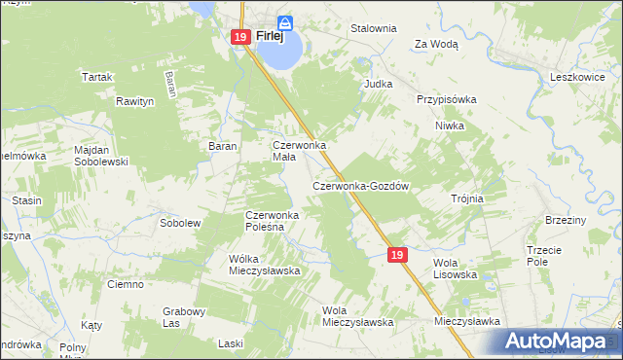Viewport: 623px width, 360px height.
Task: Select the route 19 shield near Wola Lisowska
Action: tap(396, 254)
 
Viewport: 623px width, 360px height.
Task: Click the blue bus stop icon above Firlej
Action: tap(284, 21)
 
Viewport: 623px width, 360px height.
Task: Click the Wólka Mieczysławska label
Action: tap(263, 264)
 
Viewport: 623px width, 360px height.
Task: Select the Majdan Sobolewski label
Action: tap(101, 156)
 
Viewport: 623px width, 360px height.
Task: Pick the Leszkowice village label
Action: tap(578, 76)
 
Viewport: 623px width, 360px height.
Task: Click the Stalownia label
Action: tap(374, 29)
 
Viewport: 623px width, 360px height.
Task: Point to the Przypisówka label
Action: tap(446, 99)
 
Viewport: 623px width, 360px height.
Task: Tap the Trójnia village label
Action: tap(467, 198)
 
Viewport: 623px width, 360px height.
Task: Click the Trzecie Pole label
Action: tap(544, 255)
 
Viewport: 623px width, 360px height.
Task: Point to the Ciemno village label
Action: tap(127, 284)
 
